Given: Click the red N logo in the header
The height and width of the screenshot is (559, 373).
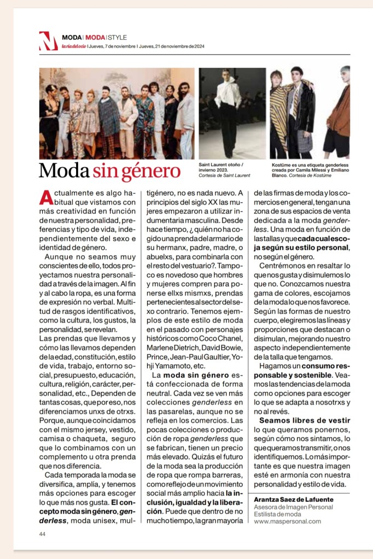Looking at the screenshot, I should pyautogui.click(x=48, y=41).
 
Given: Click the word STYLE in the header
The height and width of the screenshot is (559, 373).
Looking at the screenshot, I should pyautogui.click(x=116, y=38).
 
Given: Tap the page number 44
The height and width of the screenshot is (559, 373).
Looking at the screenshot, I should pyautogui.click(x=42, y=534).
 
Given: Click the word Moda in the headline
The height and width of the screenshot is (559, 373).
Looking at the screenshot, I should pyautogui.click(x=63, y=171).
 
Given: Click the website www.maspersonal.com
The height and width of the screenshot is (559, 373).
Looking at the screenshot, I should pyautogui.click(x=287, y=521).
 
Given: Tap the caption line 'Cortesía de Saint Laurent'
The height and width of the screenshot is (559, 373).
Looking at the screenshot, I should pyautogui.click(x=225, y=175).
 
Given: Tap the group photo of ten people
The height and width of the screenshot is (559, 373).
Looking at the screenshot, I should pyautogui.click(x=116, y=113).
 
